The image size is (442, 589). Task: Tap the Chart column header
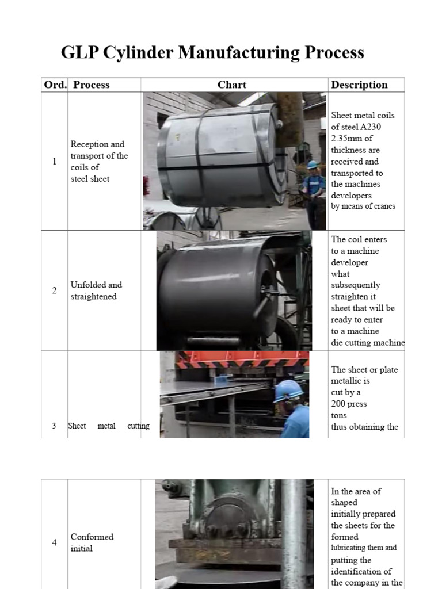[x=232, y=85]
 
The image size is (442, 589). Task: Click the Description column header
[x=359, y=85]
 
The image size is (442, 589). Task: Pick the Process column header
[x=92, y=85]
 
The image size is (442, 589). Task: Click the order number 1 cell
[x=55, y=162]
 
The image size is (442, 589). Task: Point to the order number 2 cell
[x=55, y=290]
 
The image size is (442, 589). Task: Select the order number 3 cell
[x=54, y=426]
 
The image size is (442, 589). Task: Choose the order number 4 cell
[x=55, y=542]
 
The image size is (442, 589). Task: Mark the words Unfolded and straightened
[x=96, y=290]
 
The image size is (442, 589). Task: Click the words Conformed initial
[x=92, y=542]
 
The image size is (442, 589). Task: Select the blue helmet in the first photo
[x=313, y=165]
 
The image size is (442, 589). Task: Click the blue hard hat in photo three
[x=288, y=391]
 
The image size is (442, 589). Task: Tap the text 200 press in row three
[x=349, y=404]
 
